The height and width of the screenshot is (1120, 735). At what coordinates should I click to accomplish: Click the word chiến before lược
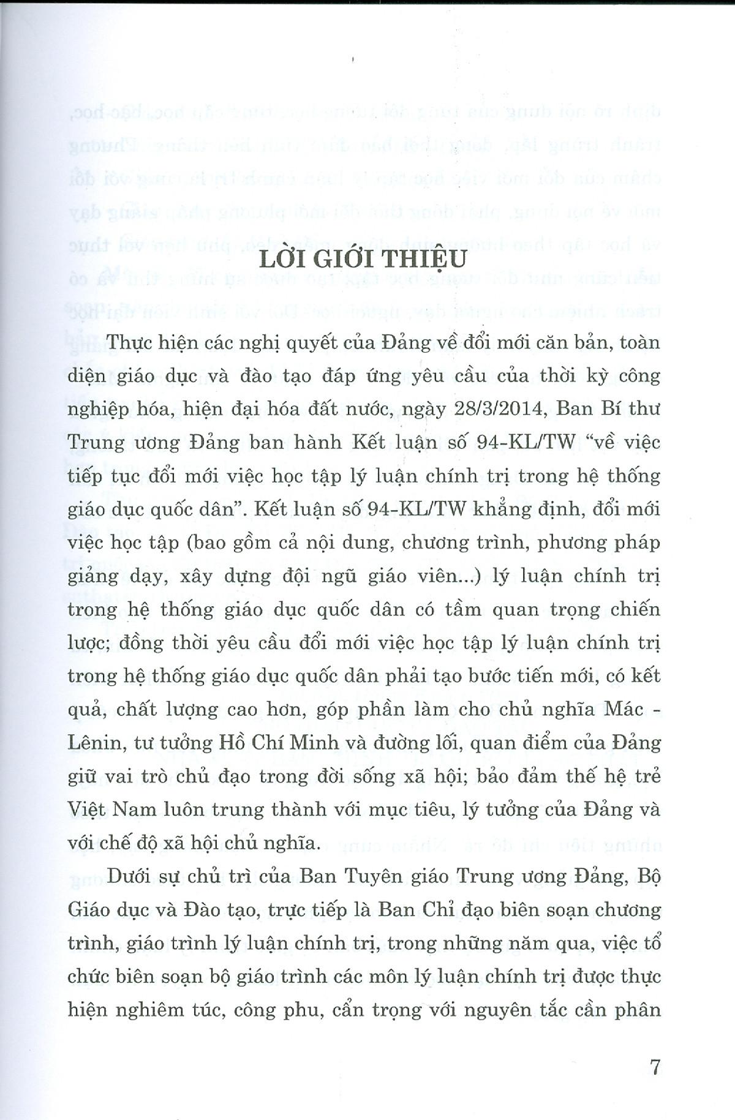[633, 609]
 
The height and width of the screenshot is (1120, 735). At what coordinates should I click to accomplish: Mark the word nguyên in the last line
[494, 1010]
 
